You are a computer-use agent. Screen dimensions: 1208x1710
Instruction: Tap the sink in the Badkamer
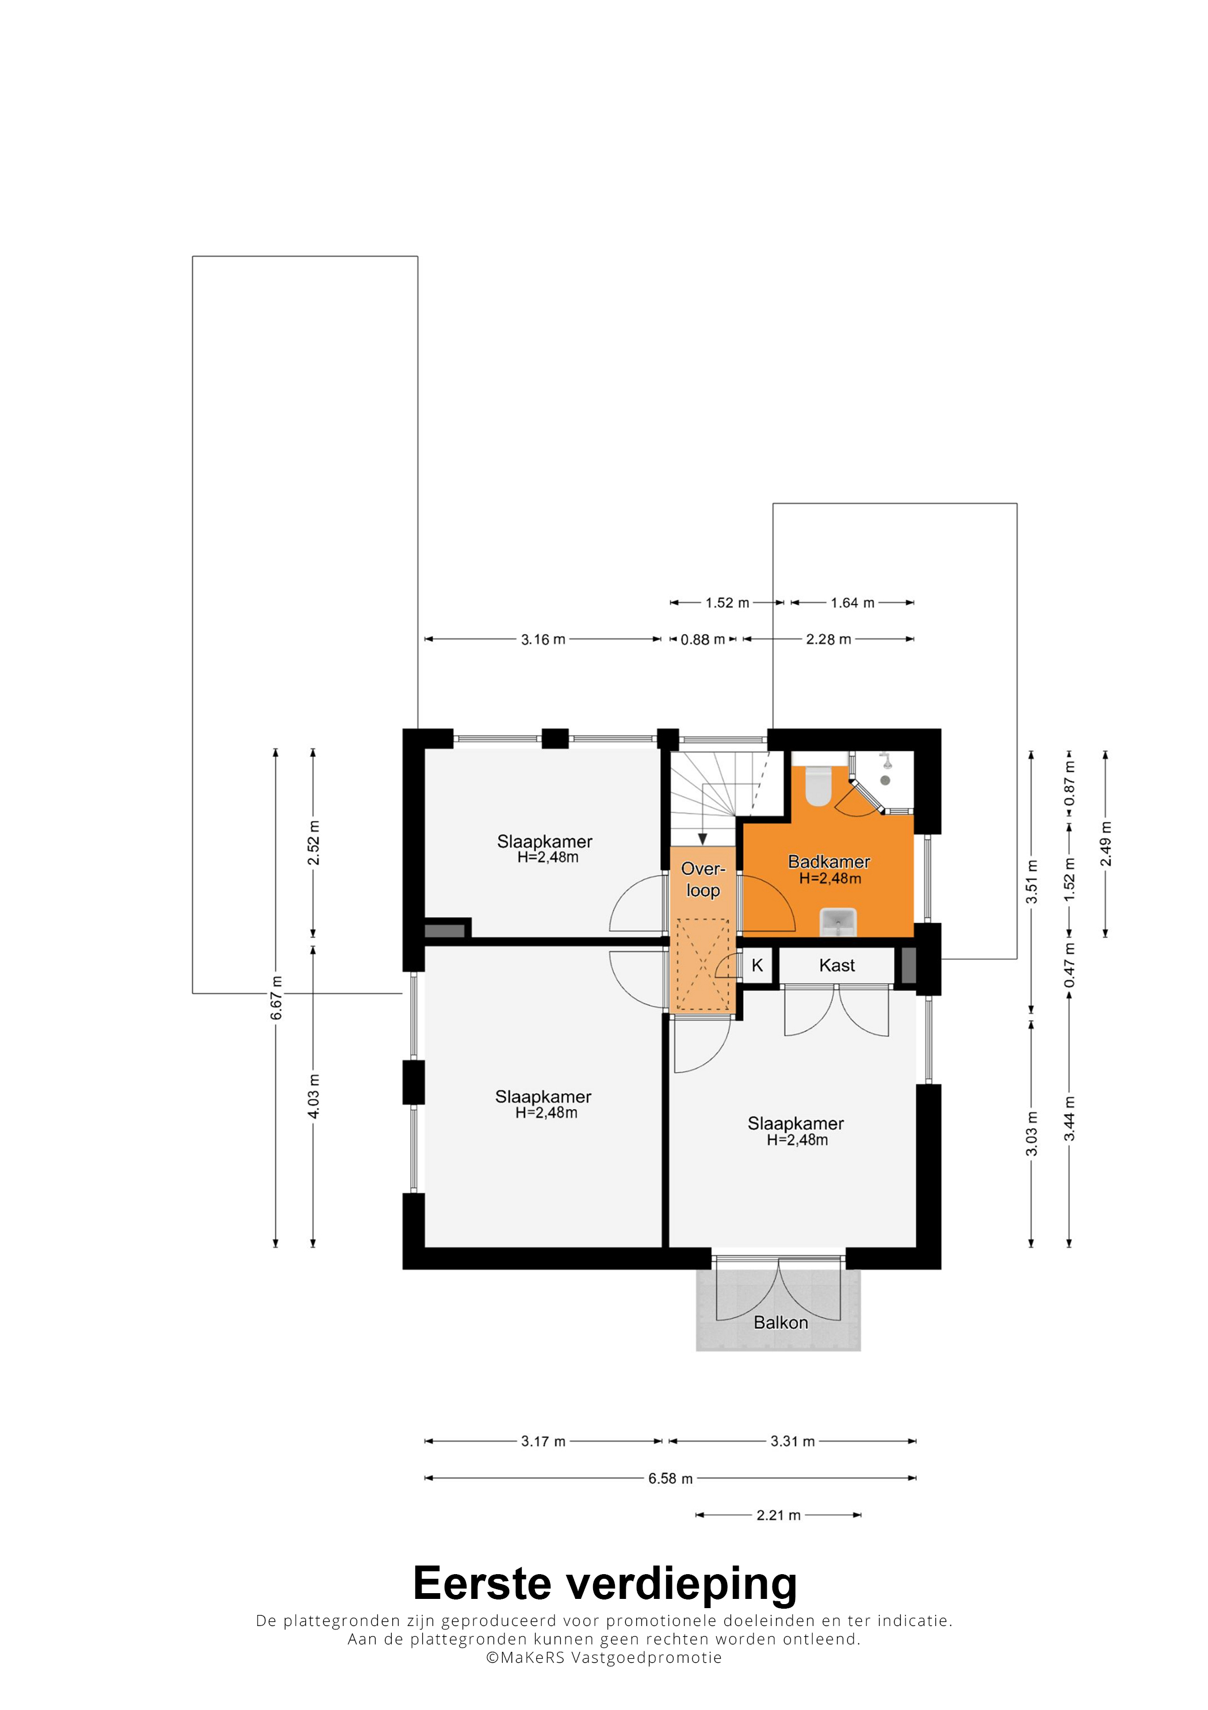click(838, 922)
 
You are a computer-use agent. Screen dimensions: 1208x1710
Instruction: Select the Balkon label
click(781, 1322)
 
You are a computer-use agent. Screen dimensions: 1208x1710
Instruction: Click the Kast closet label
click(836, 965)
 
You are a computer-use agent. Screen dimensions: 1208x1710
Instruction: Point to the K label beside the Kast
click(757, 965)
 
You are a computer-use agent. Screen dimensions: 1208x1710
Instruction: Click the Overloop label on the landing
click(702, 879)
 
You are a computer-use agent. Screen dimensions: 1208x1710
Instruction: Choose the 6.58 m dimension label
click(670, 1479)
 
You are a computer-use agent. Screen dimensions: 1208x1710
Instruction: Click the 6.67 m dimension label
click(276, 997)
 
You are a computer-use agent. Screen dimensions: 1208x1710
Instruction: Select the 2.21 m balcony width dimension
click(778, 1515)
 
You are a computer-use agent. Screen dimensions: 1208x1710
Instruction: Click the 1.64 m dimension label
click(853, 603)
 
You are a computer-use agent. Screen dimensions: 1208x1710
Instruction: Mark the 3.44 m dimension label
click(1069, 1119)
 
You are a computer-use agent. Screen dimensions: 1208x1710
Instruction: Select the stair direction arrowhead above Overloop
click(702, 839)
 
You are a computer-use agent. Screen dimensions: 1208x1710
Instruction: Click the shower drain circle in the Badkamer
click(885, 780)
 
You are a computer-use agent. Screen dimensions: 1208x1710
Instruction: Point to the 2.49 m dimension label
click(1106, 844)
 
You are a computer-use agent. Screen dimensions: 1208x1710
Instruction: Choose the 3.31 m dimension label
click(793, 1441)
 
